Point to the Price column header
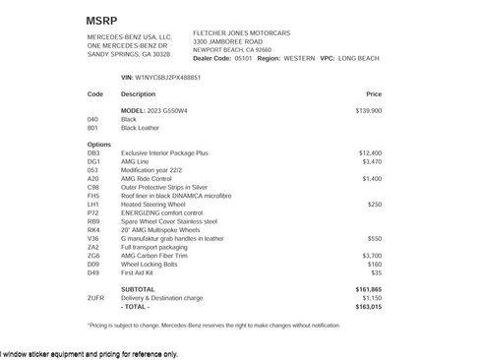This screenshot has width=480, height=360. click(x=373, y=93)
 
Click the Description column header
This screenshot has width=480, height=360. click(x=138, y=93)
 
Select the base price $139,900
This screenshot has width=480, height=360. click(x=369, y=110)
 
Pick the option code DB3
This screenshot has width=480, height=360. click(x=93, y=153)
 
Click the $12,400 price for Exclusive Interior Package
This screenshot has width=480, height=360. click(x=370, y=153)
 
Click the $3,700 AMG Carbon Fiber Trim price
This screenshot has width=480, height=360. click(x=372, y=255)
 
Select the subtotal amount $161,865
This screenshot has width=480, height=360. click(x=368, y=288)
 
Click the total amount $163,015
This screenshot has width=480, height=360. click(x=368, y=306)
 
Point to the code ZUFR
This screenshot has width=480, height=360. click(x=95, y=297)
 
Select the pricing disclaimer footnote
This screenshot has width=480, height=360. click(x=214, y=324)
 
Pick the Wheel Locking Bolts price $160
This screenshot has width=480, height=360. click(x=375, y=264)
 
